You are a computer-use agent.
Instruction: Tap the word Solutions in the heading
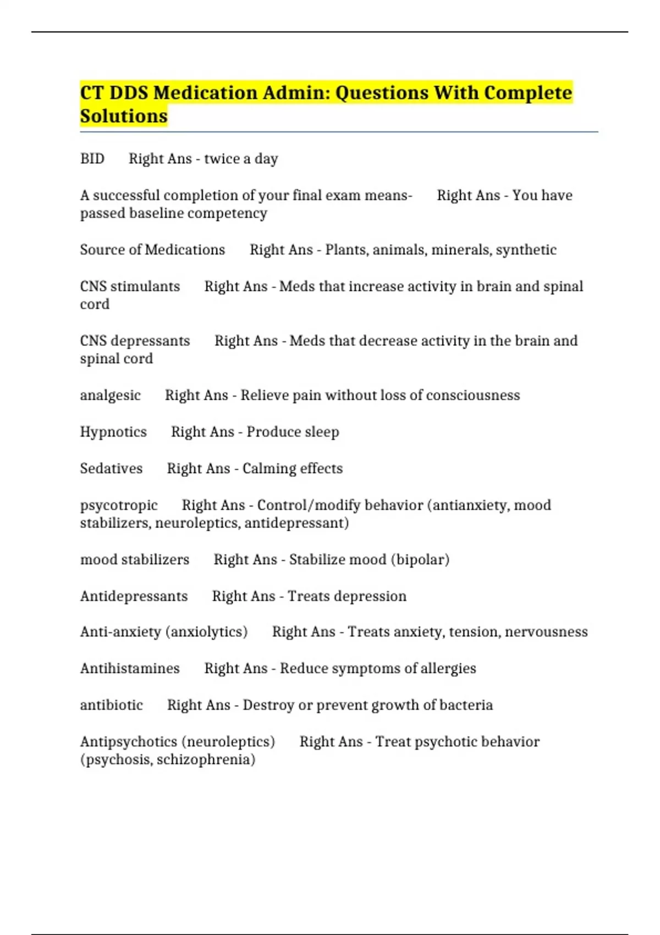(x=124, y=116)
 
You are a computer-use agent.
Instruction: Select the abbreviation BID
(x=92, y=158)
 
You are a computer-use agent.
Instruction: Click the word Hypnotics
(x=113, y=432)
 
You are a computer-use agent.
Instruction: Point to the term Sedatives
(x=111, y=468)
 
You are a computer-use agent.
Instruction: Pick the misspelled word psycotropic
(x=119, y=505)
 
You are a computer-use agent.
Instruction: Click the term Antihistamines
(x=130, y=668)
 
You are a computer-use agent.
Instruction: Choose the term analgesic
(x=111, y=395)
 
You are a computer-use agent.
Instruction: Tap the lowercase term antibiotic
(x=112, y=705)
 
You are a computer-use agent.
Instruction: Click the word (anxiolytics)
(x=206, y=631)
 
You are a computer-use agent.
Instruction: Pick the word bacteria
(x=466, y=705)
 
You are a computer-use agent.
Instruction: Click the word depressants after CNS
(x=150, y=340)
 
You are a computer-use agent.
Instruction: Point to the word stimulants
(x=145, y=286)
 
